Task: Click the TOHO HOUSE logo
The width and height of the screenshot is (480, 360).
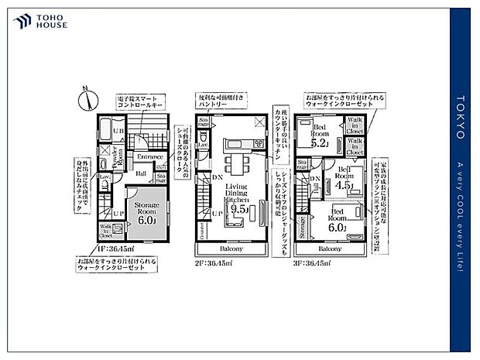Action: pos(39,21)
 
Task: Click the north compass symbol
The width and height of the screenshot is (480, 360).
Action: pos(87,99)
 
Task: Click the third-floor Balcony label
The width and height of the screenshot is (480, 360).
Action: pos(331,249)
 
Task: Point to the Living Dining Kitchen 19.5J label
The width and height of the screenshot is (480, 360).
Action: pos(237,197)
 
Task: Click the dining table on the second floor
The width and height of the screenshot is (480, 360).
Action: pos(235,165)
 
